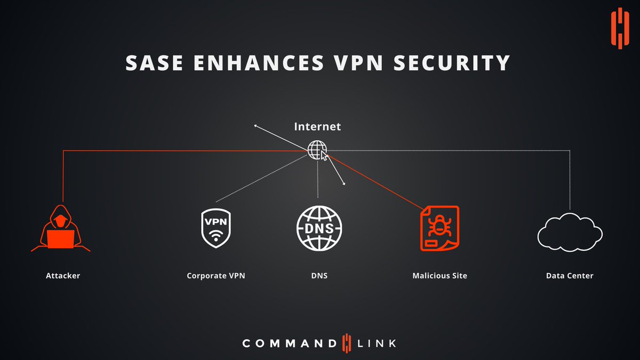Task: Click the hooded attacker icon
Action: pyautogui.click(x=60, y=228)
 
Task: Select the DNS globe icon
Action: pyautogui.click(x=319, y=228)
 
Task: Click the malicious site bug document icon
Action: pyautogui.click(x=439, y=228)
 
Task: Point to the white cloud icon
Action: pyautogui.click(x=570, y=231)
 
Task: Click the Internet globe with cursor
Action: pyautogui.click(x=317, y=150)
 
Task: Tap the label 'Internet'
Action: pyautogui.click(x=317, y=127)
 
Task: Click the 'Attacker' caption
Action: pyautogui.click(x=63, y=276)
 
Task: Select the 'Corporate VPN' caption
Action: pyautogui.click(x=216, y=276)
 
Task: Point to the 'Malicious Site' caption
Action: pyautogui.click(x=439, y=276)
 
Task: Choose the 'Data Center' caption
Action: pyautogui.click(x=570, y=276)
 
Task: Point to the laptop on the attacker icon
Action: pyautogui.click(x=60, y=239)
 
